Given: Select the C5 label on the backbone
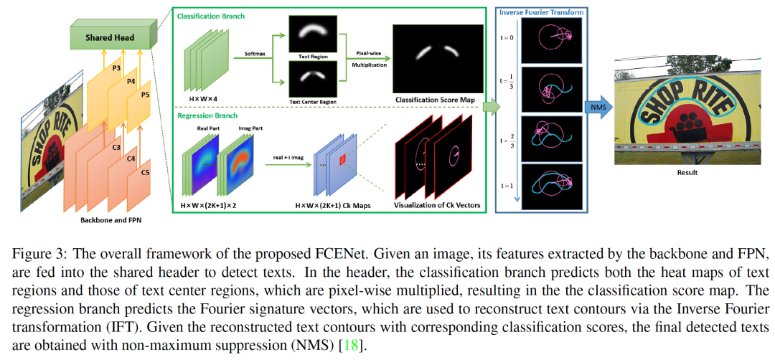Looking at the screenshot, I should click(146, 173).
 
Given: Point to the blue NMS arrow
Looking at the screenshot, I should click(596, 108).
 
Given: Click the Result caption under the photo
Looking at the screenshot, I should click(686, 172).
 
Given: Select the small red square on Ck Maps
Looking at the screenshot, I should click(343, 158).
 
